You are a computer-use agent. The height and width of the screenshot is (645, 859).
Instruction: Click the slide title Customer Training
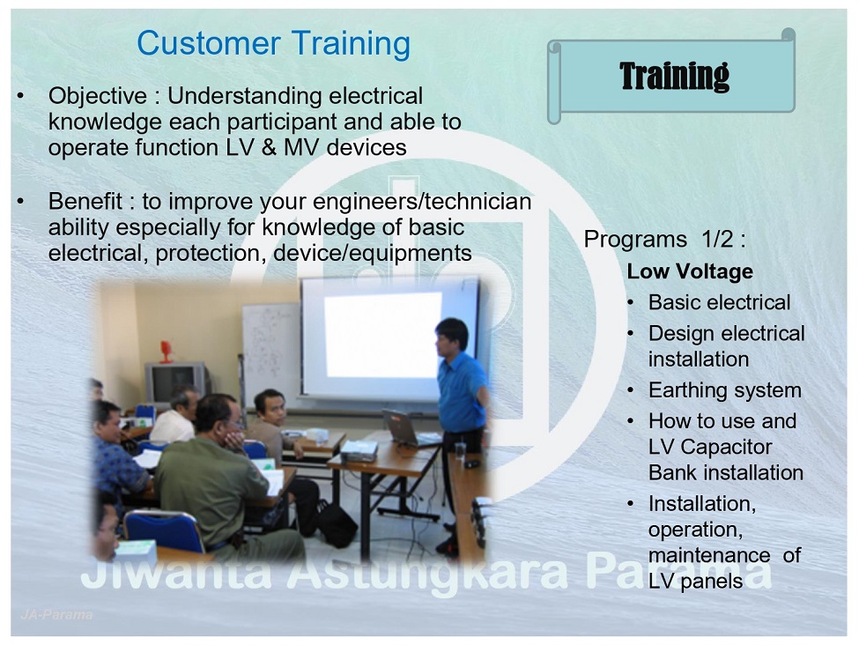[273, 44]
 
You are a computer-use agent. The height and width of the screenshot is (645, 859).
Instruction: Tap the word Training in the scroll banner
[674, 76]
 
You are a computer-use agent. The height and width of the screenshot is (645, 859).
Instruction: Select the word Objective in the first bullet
[98, 96]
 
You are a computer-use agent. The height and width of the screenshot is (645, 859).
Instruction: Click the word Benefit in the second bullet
[85, 201]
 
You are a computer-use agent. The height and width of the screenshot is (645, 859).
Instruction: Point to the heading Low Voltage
[690, 271]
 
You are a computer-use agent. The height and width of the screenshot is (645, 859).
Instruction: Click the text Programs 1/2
[664, 240]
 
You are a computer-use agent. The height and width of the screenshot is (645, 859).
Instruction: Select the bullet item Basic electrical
[719, 302]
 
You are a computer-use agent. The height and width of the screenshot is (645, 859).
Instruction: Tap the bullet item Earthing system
[725, 390]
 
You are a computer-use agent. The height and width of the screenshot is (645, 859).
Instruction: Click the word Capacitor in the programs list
[726, 447]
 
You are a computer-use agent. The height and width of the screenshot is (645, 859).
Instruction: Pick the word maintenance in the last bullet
[709, 555]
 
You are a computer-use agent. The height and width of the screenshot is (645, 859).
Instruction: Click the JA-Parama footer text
[56, 615]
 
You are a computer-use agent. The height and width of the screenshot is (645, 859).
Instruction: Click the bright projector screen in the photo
[382, 335]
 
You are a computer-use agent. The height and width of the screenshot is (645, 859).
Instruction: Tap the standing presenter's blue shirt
[462, 392]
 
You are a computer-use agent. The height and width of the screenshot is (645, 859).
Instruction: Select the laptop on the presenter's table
[405, 427]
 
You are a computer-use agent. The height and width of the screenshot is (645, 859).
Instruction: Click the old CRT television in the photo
[175, 382]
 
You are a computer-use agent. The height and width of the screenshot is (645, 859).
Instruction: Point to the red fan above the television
[167, 352]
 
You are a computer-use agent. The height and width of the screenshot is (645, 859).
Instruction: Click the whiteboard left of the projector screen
[271, 351]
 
